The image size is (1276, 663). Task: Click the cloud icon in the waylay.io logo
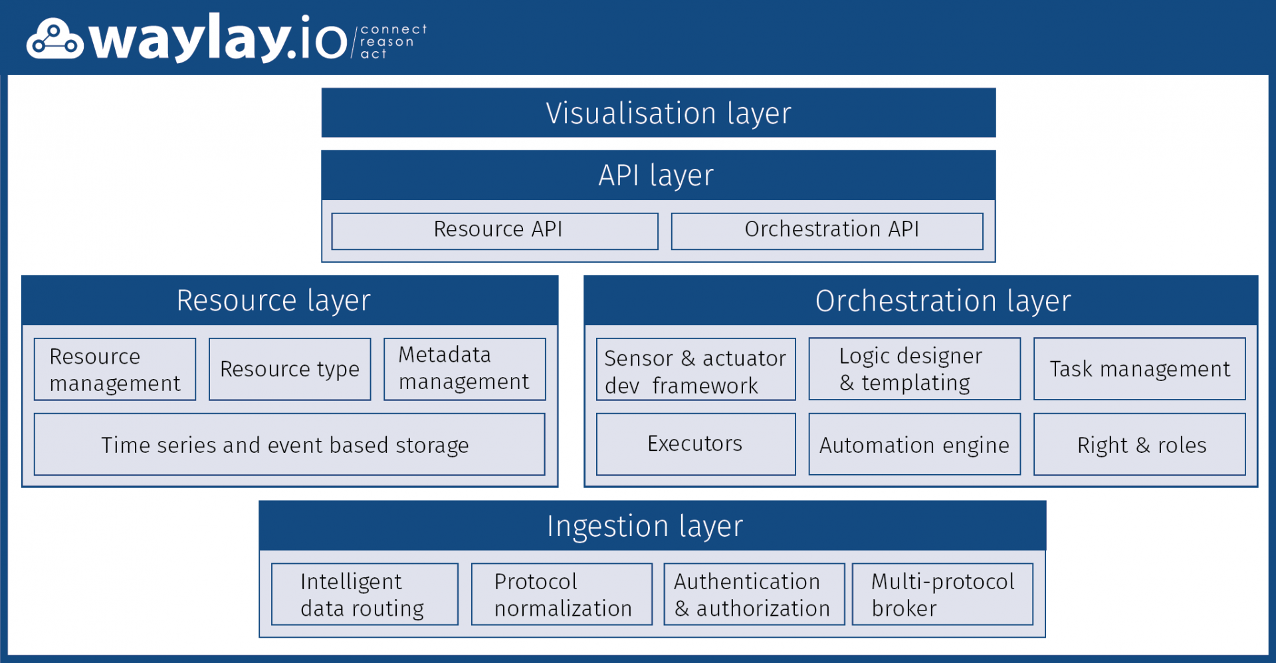tap(54, 40)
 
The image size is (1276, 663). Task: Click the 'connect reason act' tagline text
tap(392, 41)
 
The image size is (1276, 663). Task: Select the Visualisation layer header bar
tap(658, 113)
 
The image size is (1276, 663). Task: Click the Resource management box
tap(115, 369)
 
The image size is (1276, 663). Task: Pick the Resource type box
tap(290, 369)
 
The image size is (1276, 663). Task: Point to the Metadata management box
tap(465, 369)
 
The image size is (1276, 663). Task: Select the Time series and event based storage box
tap(289, 444)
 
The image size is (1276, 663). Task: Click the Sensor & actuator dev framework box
tap(696, 370)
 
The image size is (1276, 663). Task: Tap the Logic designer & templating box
tap(914, 369)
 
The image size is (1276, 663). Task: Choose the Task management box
tap(1139, 369)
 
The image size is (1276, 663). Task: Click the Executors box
tap(696, 444)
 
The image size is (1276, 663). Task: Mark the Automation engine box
tap(914, 444)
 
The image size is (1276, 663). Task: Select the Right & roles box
tap(1139, 444)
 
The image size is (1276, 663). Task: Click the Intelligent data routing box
tap(365, 594)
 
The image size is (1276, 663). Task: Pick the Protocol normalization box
tap(562, 594)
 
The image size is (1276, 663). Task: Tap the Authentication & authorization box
tap(754, 594)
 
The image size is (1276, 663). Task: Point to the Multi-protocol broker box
tap(942, 594)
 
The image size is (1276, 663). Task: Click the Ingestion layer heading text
tap(645, 526)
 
